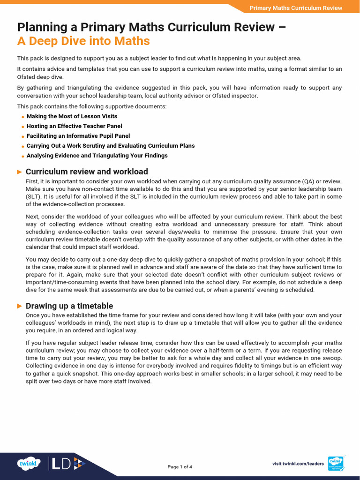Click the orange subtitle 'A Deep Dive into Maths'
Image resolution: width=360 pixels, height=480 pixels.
(x=83, y=41)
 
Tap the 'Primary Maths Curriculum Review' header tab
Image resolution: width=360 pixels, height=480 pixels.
(x=295, y=8)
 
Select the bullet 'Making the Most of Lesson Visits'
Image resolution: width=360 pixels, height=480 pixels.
(x=72, y=116)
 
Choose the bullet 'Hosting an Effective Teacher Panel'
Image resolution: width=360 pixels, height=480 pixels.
(x=74, y=126)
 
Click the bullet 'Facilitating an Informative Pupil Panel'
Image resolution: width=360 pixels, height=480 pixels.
(x=78, y=136)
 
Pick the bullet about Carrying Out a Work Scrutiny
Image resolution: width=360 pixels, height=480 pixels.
(x=110, y=146)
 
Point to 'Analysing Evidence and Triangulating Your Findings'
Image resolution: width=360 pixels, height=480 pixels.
(x=97, y=156)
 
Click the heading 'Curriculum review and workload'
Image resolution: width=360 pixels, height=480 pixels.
(x=87, y=172)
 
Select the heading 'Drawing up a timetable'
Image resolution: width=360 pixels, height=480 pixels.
(x=69, y=306)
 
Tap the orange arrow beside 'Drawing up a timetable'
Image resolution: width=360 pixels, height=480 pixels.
(x=20, y=306)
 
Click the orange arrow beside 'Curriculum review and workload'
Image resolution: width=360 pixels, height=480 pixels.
(x=20, y=172)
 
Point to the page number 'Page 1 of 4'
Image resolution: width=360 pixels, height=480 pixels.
(x=180, y=467)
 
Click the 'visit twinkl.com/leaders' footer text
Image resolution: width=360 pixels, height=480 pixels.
(x=298, y=464)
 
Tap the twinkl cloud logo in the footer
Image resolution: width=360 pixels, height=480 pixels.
(x=30, y=464)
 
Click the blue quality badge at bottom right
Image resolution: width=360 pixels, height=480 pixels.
(x=336, y=464)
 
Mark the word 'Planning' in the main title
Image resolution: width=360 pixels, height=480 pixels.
(x=40, y=27)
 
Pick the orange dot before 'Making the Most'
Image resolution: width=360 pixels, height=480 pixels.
(x=23, y=117)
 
